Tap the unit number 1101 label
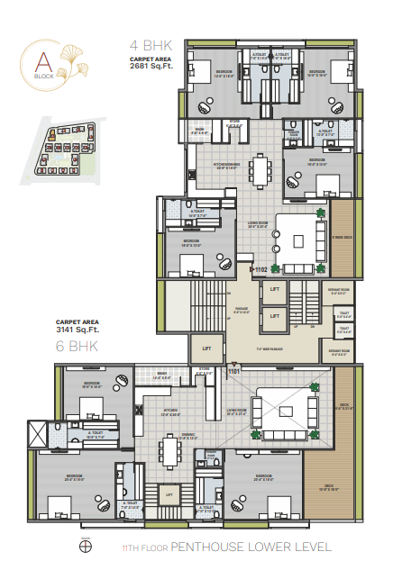235,369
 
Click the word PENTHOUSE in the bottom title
206,547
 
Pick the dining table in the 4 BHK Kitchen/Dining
262,167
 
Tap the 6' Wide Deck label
343,238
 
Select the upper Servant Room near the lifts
339,291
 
